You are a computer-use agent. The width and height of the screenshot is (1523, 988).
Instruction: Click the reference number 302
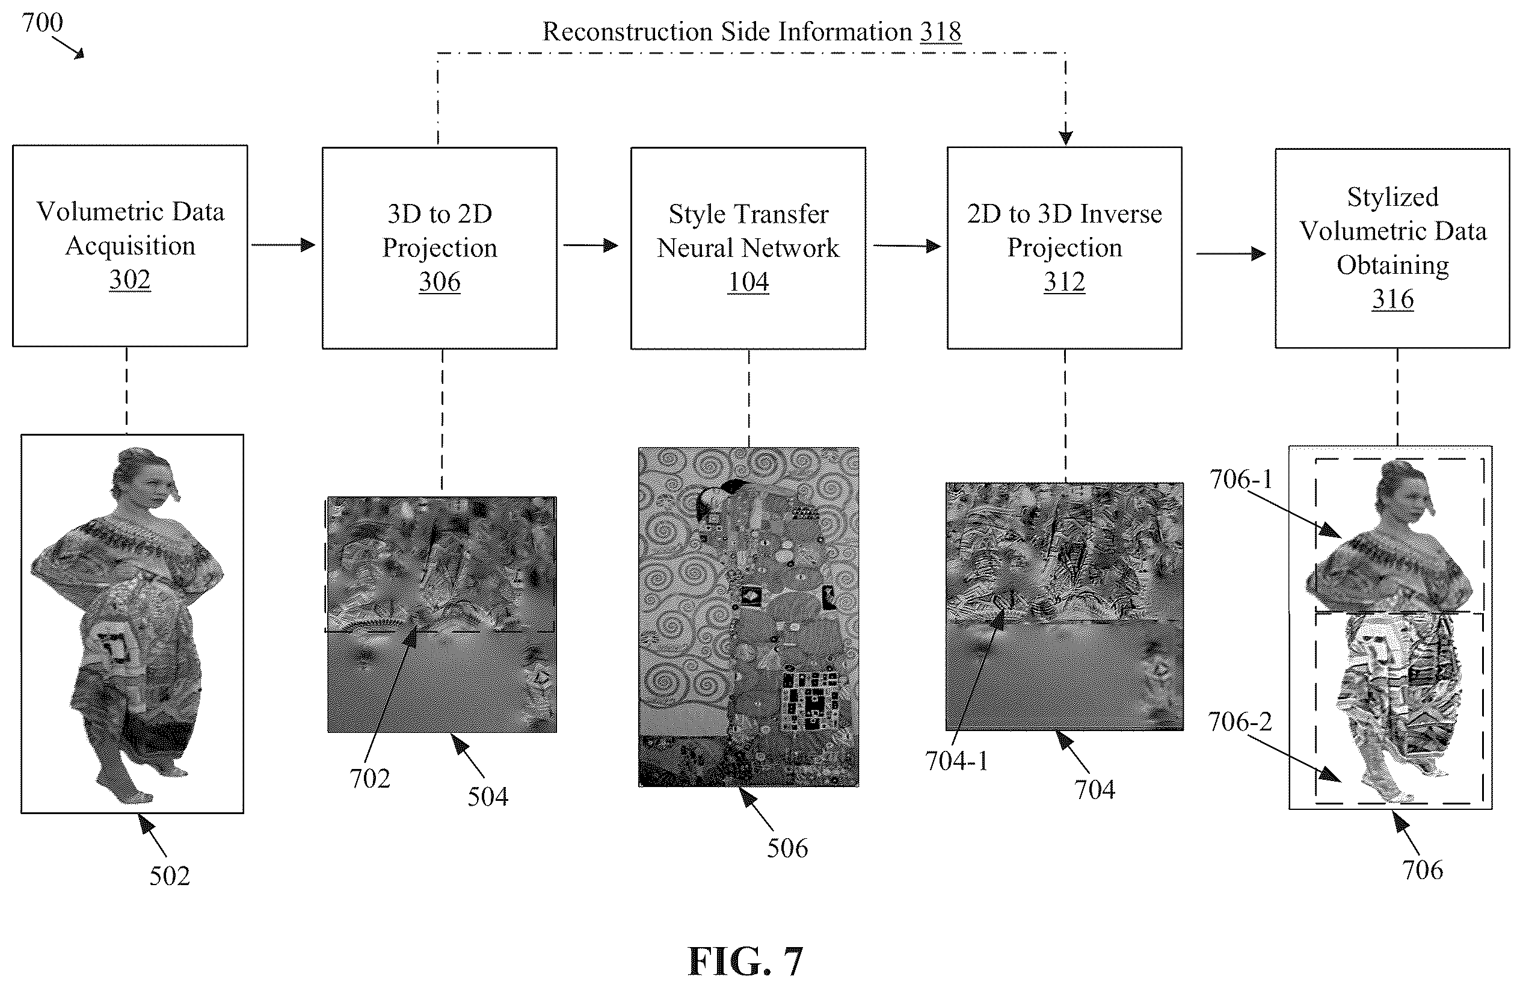coord(130,280)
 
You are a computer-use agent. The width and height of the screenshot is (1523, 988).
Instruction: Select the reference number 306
coord(440,282)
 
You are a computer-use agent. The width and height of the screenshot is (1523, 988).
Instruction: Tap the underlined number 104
coord(748,282)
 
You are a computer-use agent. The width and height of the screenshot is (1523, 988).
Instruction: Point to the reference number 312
coord(1064,282)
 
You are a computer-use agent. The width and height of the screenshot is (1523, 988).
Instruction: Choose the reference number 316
coord(1392,299)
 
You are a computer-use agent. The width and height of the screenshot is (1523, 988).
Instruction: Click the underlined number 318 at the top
coord(941,31)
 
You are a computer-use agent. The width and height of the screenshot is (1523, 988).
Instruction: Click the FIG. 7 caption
coord(745,961)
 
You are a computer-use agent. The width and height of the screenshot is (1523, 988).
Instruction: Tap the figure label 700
coord(42,22)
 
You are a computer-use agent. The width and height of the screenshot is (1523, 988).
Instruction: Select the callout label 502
coord(170,875)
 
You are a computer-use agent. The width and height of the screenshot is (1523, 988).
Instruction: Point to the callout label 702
coord(370,778)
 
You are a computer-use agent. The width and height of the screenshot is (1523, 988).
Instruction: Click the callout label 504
coord(488,796)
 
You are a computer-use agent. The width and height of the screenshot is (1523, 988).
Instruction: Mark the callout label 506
coord(787,848)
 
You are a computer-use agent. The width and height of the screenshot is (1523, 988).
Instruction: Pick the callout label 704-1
coord(956,761)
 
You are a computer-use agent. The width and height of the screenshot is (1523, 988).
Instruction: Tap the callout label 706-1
coord(1241,479)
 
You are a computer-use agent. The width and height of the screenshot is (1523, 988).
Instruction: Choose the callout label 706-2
coord(1240,721)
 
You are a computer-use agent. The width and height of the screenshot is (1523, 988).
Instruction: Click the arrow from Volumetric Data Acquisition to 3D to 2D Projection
coord(283,245)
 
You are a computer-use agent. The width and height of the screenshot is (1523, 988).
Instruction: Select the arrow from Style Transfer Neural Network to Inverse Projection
coord(908,245)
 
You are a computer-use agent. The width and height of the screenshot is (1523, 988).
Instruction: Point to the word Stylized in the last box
coord(1392,197)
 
